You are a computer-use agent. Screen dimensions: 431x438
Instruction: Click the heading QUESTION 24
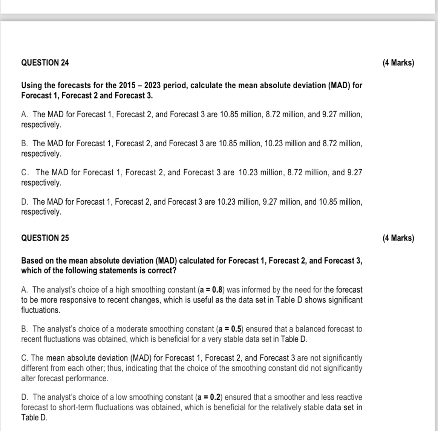(45, 63)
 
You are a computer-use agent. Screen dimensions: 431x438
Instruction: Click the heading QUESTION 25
(45, 238)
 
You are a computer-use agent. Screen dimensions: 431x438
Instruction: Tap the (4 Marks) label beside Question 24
(398, 63)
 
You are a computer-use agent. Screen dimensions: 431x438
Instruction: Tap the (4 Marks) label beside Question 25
(398, 238)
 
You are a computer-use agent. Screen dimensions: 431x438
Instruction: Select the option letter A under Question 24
(25, 114)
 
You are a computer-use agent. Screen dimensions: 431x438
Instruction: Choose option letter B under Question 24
(25, 143)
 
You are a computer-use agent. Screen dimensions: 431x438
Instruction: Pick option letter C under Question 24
(25, 172)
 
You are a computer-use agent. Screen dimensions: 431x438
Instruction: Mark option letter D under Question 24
(25, 202)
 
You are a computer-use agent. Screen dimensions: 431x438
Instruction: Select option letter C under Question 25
(25, 358)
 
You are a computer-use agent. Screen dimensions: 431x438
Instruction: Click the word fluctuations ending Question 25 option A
(40, 310)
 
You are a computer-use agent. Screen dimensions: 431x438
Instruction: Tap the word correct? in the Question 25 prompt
(163, 271)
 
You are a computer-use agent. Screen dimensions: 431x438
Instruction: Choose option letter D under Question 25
(25, 397)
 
